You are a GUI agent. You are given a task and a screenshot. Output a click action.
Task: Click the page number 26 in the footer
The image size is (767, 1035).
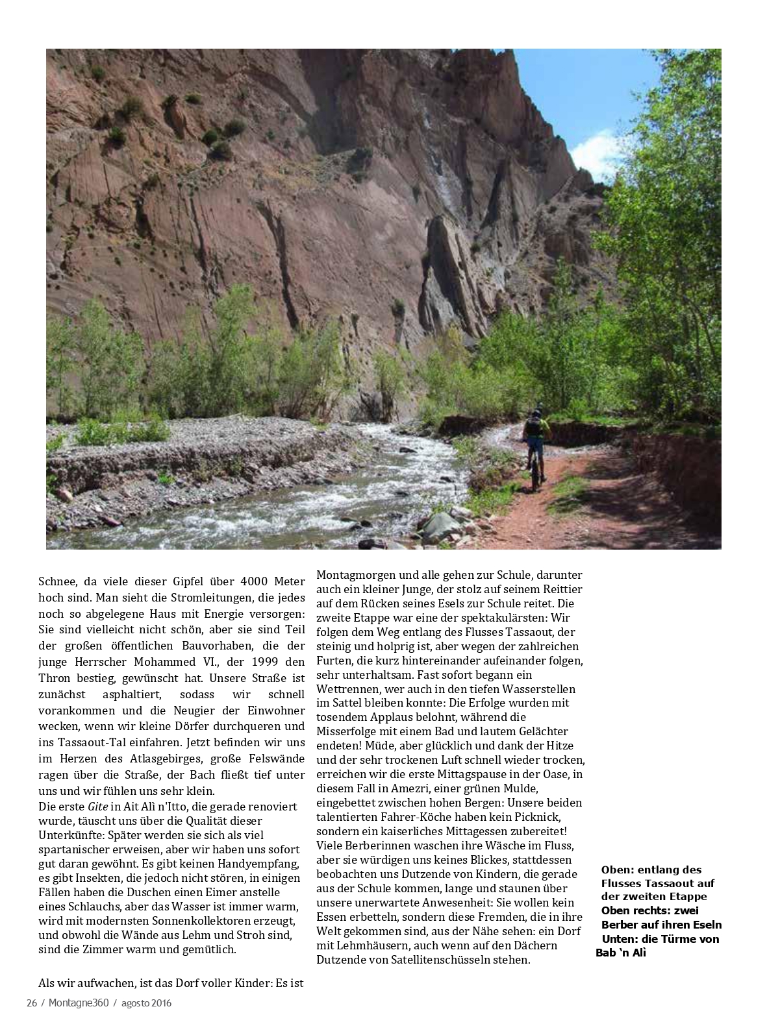coord(31,1003)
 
